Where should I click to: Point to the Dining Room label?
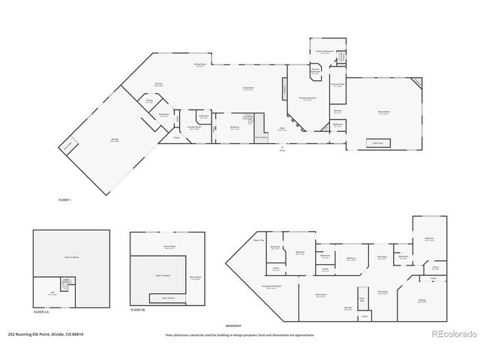[x=201, y=65]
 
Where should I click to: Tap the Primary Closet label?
[x=337, y=85]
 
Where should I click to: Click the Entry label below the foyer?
[x=283, y=150]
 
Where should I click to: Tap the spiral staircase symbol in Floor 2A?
[x=67, y=286]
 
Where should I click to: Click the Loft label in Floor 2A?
[x=53, y=294]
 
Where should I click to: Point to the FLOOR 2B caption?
[x=138, y=309]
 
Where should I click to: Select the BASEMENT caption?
[x=235, y=325]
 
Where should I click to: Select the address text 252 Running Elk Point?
[x=45, y=334]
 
